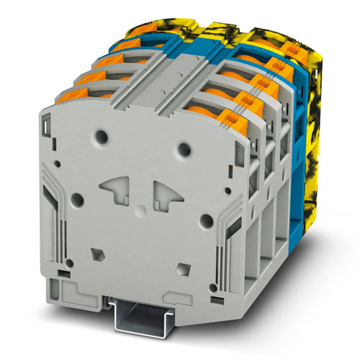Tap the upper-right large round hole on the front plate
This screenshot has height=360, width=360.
click(185, 150)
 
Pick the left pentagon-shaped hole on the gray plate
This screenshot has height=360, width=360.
click(96, 253)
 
